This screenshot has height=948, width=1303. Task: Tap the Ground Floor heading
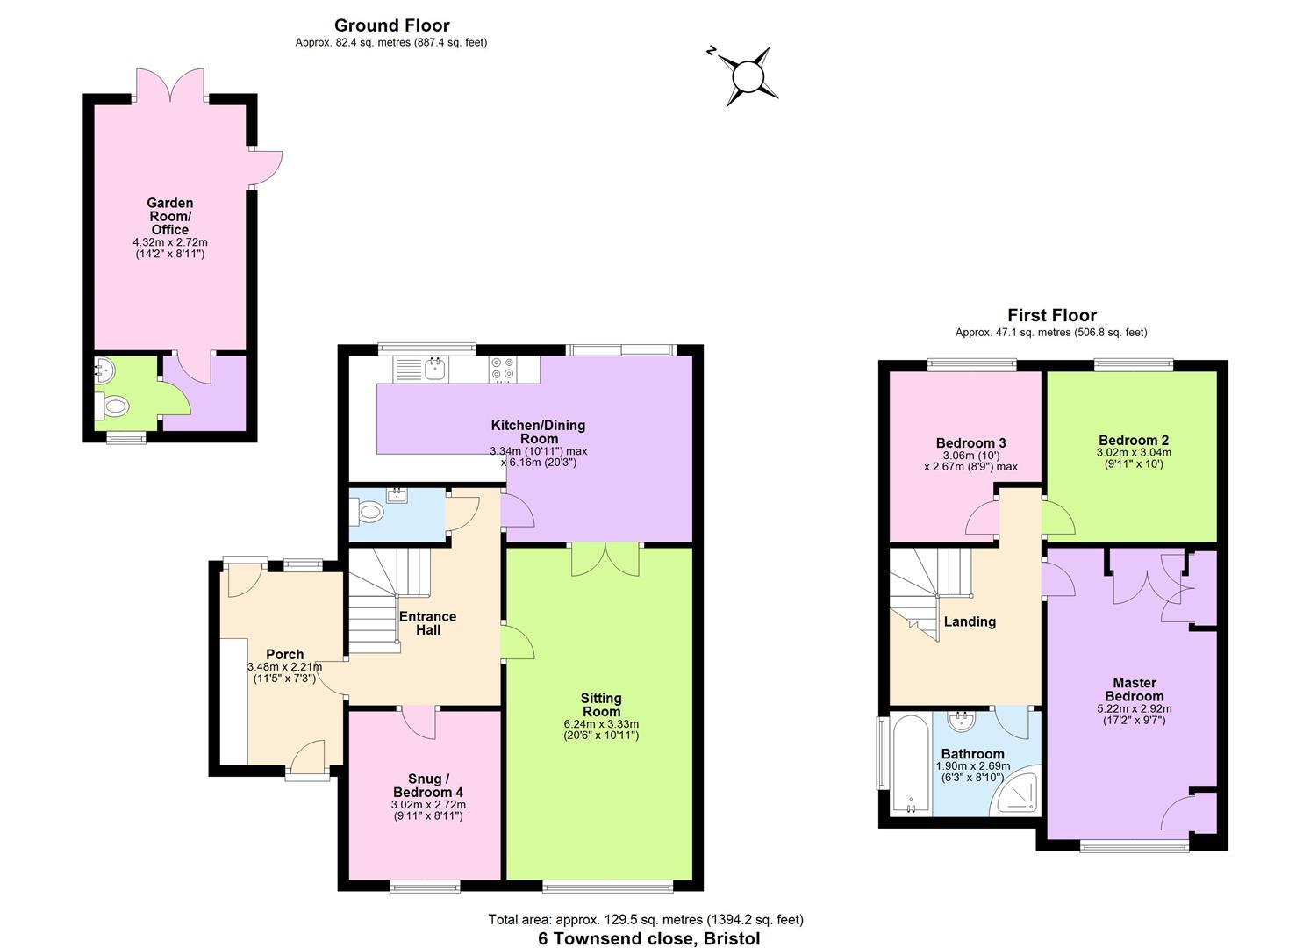click(x=391, y=25)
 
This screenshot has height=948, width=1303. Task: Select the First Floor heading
click(x=1052, y=315)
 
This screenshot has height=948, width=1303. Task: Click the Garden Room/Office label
click(x=170, y=216)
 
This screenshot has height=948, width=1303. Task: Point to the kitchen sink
click(x=436, y=368)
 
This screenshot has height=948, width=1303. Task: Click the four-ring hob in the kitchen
click(x=503, y=369)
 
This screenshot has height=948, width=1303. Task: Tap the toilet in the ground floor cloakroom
click(x=371, y=513)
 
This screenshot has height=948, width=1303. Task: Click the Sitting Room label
click(x=601, y=705)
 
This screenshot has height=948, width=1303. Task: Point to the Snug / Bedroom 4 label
click(x=428, y=785)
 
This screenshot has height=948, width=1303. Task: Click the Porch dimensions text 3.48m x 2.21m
click(x=284, y=667)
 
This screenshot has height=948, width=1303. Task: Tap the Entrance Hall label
click(x=428, y=622)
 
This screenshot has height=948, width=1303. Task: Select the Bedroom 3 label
click(x=970, y=443)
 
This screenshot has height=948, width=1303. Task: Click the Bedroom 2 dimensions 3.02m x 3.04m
click(x=1134, y=452)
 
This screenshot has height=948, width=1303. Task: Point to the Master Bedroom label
click(x=1135, y=689)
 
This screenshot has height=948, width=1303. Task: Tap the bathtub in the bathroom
click(x=912, y=765)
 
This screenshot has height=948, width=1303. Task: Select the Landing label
click(x=970, y=621)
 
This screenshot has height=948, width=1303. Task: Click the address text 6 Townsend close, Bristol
click(x=648, y=938)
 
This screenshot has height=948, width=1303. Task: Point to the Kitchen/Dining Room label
click(x=539, y=432)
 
